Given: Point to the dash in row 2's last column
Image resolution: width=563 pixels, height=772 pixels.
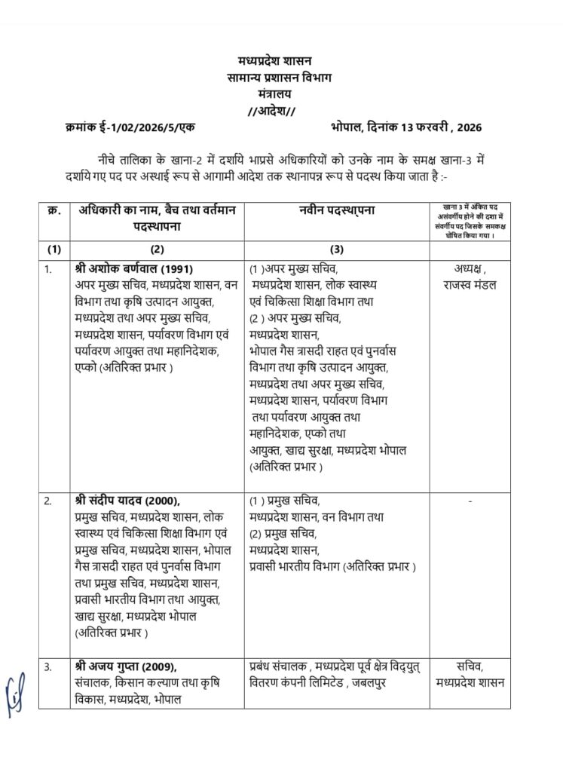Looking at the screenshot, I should point(470,500).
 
